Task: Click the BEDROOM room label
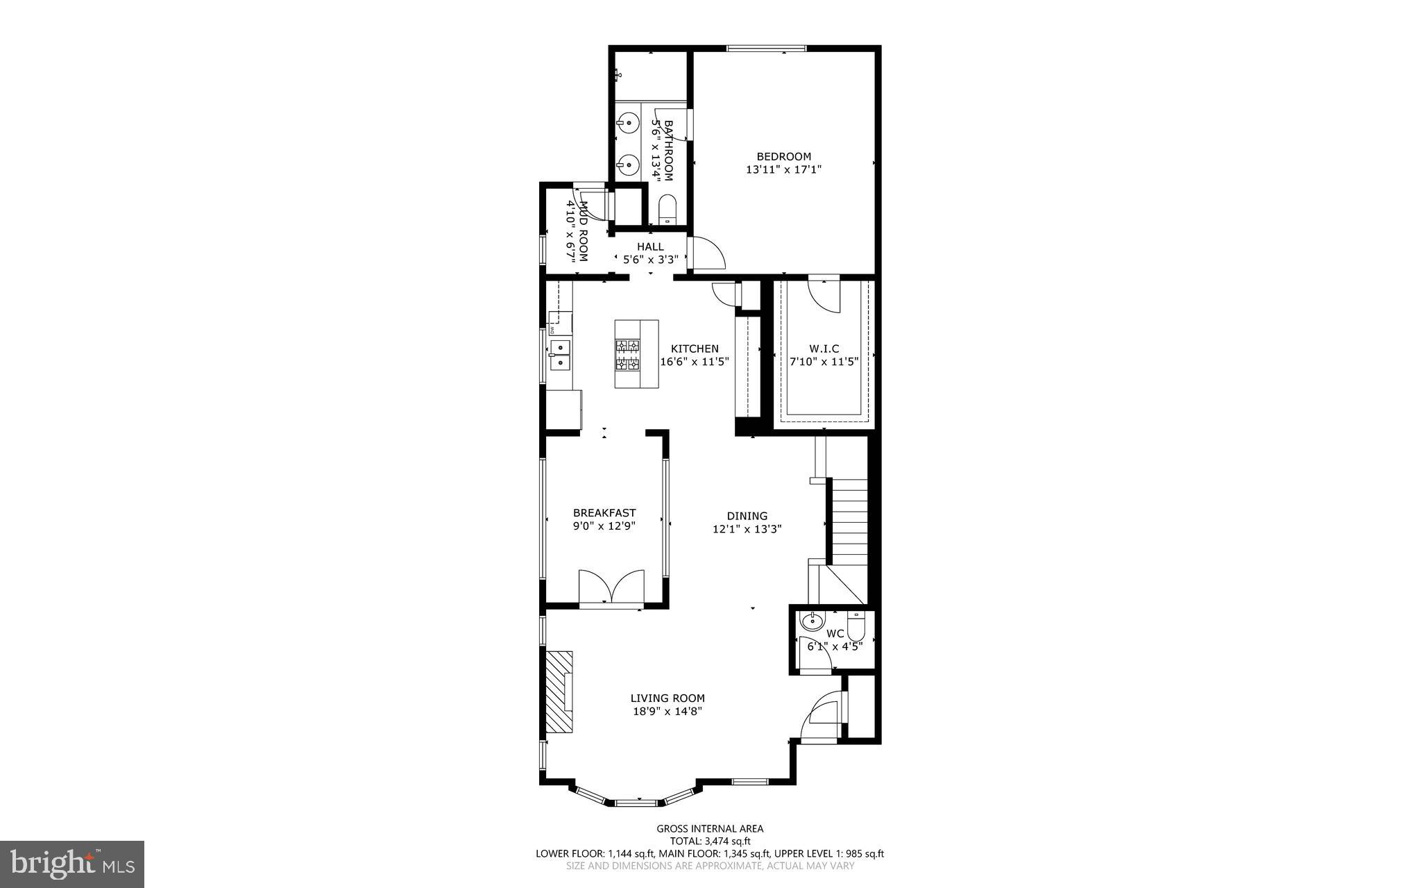tap(783, 156)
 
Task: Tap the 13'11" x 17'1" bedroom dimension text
tap(783, 169)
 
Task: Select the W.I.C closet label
tap(824, 349)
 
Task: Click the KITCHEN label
tap(694, 349)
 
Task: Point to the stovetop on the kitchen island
tap(627, 354)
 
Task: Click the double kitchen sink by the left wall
tap(559, 354)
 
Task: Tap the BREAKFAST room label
tap(604, 513)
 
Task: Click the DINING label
tap(747, 516)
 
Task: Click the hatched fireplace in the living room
tap(559, 692)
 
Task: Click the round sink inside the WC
tap(810, 620)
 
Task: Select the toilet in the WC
tap(856, 628)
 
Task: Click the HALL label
tap(650, 246)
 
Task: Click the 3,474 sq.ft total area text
tap(710, 841)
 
